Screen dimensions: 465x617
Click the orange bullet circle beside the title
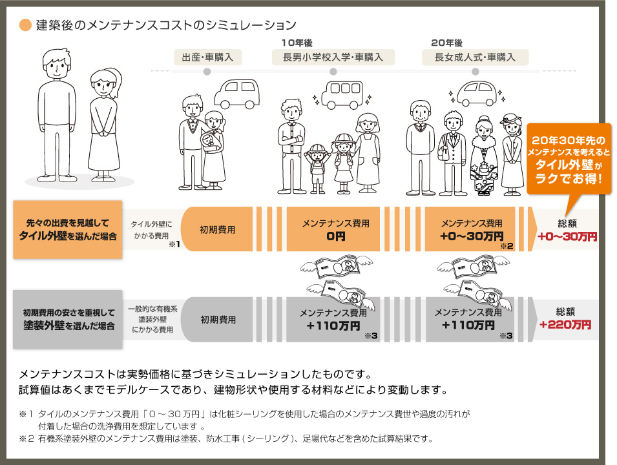coord(26,25)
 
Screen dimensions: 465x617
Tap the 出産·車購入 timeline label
coord(207,57)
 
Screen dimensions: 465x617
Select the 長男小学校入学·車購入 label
coord(328,57)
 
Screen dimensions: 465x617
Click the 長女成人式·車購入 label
coord(475,57)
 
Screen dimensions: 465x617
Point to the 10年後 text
coord(297,43)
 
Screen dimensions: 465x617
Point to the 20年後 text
coord(446,43)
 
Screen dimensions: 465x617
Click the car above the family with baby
coord(235,94)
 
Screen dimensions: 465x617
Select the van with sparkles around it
coord(342,96)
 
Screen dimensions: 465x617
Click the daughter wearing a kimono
coord(483,155)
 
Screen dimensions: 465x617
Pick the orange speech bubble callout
coord(569,158)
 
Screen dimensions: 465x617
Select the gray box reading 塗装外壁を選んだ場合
coord(67,319)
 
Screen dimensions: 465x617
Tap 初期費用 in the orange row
coord(217,229)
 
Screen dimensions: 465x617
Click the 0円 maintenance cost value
coord(336,236)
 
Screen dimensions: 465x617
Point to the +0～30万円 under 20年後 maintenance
coord(471,236)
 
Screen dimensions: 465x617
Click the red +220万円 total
coord(565,325)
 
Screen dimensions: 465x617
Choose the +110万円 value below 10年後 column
coord(333,325)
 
